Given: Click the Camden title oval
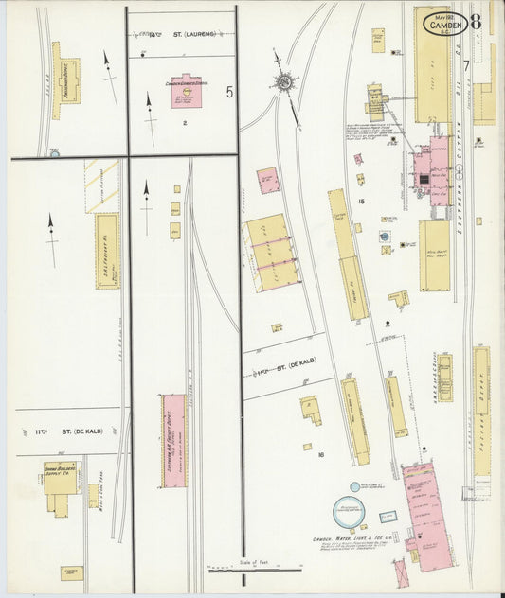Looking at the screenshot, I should coord(443,21).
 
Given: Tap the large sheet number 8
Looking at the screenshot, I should coord(474,21).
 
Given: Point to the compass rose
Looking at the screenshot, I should coord(283,84).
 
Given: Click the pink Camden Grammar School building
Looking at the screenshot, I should coord(185,91).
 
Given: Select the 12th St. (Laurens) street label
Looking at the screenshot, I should coord(182,34).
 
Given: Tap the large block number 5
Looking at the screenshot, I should coord(228,92).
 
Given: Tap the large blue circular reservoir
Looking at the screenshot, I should coord(349,514).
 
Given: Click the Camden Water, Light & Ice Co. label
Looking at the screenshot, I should coord(352,541).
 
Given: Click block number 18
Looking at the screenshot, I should coord(321,454).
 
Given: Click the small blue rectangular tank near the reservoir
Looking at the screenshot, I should coord(387,518).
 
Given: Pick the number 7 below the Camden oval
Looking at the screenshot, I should coord(467,64).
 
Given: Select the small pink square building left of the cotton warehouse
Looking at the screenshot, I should coord(268,179).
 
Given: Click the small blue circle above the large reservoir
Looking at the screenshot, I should coord(354,486).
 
